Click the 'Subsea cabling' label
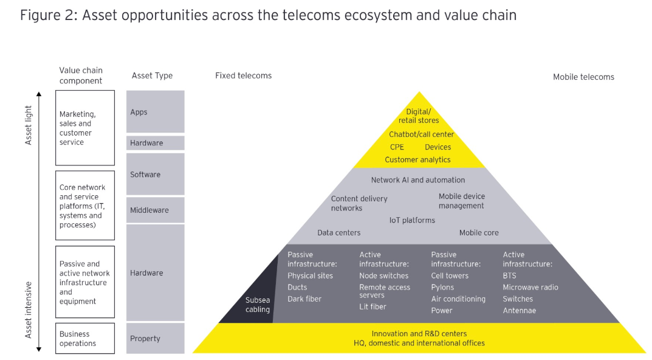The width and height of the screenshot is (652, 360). pos(258,305)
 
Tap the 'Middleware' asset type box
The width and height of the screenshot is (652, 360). pos(155,210)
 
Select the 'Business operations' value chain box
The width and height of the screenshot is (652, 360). pos(85,338)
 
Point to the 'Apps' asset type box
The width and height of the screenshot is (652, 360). pos(155,111)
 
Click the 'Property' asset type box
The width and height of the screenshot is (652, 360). pos(155,338)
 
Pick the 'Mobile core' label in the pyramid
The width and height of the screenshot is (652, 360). pos(479,233)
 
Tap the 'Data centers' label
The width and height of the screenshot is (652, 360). pos(339,233)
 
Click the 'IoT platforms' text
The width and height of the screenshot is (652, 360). pos(412,220)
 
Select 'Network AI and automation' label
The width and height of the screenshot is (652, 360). pos(418,180)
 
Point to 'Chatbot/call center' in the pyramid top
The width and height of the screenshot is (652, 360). pos(421,134)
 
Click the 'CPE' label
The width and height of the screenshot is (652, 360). pos(397,147)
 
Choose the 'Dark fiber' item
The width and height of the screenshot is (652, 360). pos(304,299)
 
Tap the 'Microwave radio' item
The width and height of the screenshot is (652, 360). pos(530,287)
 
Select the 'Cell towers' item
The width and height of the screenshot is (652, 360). pos(450,275)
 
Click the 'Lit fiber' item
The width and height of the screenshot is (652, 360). pos(372,306)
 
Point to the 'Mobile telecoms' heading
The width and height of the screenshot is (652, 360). pos(583,77)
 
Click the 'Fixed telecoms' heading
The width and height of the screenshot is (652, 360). pos(243,75)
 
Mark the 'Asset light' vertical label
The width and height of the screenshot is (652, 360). pos(29,125)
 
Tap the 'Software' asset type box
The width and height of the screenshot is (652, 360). pos(155,174)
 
